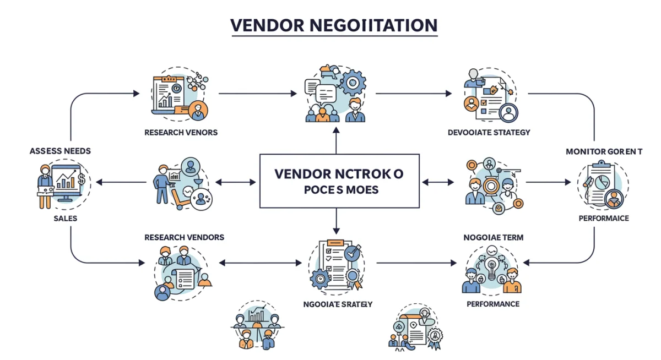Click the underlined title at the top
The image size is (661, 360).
click(x=334, y=25)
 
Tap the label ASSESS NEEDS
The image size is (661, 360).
click(x=61, y=150)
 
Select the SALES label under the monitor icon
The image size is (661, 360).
click(x=66, y=219)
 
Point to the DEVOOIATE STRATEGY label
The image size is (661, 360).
click(x=489, y=132)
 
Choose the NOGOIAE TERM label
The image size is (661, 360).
click(x=493, y=237)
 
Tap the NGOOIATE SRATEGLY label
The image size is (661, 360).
click(x=338, y=304)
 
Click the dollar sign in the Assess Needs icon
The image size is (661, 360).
click(x=82, y=179)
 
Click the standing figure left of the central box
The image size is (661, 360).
click(x=162, y=182)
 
